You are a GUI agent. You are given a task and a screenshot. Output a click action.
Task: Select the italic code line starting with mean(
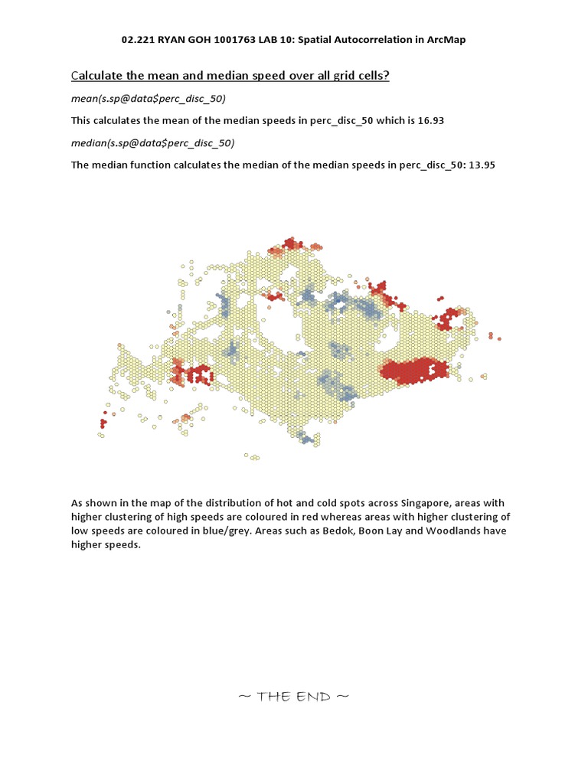pos(149,99)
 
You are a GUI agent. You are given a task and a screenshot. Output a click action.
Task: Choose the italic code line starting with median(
pos(153,142)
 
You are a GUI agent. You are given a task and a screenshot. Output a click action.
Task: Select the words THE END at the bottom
pos(294,696)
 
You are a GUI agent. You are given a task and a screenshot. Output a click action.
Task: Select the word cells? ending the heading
pos(371,75)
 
